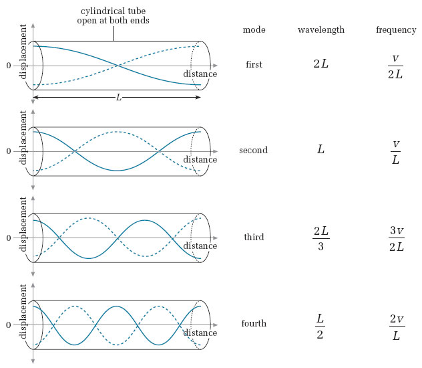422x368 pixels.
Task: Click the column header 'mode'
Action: coord(253,30)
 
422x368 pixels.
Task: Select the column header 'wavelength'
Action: coord(321,30)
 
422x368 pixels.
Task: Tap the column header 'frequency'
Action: coord(396,30)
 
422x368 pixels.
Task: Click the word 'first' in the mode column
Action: coord(254,65)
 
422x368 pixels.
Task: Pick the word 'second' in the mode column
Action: coord(253,151)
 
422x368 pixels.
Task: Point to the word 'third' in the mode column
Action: coord(254,238)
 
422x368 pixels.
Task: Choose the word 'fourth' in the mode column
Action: coord(254,324)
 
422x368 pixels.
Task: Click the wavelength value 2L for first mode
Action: coord(321,65)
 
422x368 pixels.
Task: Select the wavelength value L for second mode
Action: coord(321,151)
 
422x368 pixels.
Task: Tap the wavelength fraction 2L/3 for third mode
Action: coord(321,238)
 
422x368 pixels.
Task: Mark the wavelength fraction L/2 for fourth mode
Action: coord(321,325)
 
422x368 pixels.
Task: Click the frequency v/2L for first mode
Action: coord(396,66)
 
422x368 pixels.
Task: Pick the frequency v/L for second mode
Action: coord(396,151)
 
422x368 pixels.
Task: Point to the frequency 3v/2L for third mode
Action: coord(396,238)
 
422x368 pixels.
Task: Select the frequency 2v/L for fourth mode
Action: coord(396,325)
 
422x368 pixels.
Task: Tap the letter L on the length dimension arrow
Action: coord(119,98)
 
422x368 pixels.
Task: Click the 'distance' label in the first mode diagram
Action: coord(200,74)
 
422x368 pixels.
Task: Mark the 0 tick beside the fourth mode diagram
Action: coord(9,325)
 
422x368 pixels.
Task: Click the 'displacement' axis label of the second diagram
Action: coord(24,141)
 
